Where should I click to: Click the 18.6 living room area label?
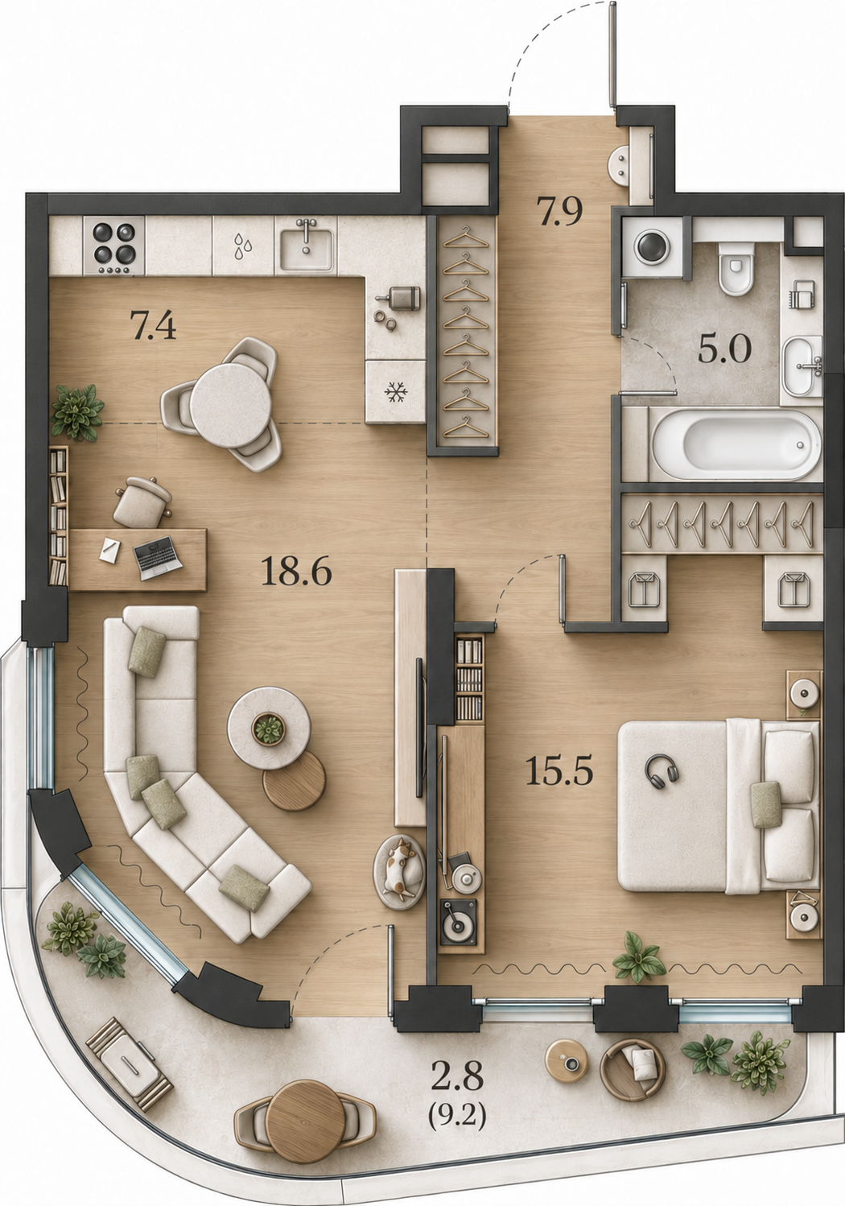point(296,572)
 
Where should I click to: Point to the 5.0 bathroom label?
point(724,349)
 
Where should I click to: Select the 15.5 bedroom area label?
point(559,770)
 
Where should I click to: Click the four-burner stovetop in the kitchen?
point(114,246)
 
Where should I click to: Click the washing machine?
point(653,247)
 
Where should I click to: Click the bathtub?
point(736,444)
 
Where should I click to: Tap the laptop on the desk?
point(158,557)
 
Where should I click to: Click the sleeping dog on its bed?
point(400,871)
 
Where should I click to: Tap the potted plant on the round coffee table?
point(269,729)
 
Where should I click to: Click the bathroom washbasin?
point(802,366)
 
